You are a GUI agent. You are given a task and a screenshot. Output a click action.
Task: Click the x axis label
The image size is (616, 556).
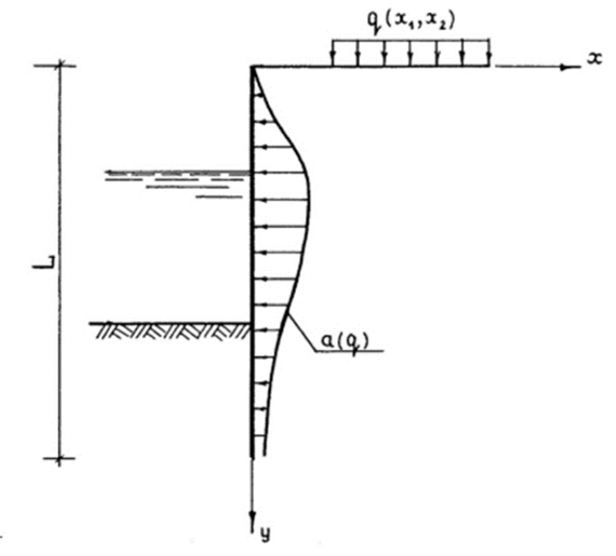click(x=594, y=59)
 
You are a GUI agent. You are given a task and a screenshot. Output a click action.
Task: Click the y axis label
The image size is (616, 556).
click(x=266, y=533)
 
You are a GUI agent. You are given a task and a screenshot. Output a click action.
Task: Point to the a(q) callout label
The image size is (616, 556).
click(x=345, y=342)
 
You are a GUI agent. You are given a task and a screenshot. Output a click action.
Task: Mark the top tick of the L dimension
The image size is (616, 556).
click(x=60, y=66)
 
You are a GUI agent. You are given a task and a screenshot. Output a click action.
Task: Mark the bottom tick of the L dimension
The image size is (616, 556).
click(x=59, y=459)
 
